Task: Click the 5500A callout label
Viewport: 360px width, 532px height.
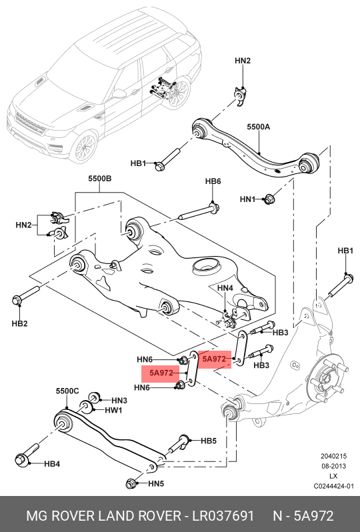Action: (258, 127)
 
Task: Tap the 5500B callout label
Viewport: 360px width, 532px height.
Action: (100, 179)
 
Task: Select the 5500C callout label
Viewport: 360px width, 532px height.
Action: (67, 391)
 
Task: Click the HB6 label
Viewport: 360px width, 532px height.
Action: (213, 181)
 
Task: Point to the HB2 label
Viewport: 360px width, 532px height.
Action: (19, 324)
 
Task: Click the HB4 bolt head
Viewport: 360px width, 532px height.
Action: (21, 460)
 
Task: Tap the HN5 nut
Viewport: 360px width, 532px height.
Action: (130, 483)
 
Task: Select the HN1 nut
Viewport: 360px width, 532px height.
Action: (269, 199)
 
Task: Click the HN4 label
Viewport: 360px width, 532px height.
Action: (225, 289)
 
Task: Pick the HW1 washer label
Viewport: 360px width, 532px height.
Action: (113, 410)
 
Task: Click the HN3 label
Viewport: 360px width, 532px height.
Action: (119, 401)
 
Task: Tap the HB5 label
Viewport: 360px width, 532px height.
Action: (209, 441)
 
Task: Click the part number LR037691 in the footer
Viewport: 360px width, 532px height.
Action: (223, 516)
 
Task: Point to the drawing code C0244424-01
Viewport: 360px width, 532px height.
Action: (333, 486)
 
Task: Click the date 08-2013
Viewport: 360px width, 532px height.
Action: (333, 466)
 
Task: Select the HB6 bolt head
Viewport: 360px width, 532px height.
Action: (214, 207)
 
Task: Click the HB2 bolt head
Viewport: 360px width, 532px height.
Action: (17, 300)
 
